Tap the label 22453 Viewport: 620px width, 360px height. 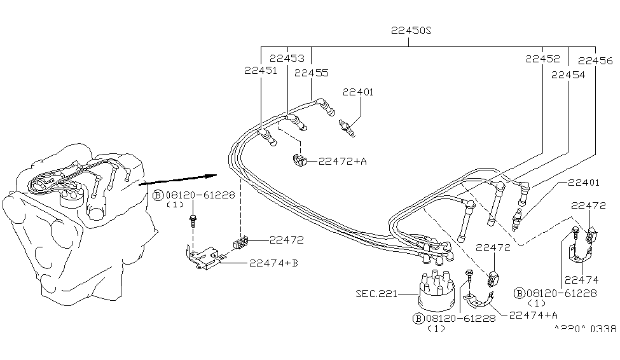[x=286, y=58]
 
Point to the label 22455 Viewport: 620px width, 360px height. [x=311, y=73]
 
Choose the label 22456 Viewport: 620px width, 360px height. [x=595, y=61]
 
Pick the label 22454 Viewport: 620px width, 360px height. [x=568, y=74]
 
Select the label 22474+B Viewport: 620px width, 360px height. [x=273, y=262]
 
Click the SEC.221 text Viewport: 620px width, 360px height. [x=376, y=294]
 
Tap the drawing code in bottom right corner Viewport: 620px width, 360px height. [x=585, y=329]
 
